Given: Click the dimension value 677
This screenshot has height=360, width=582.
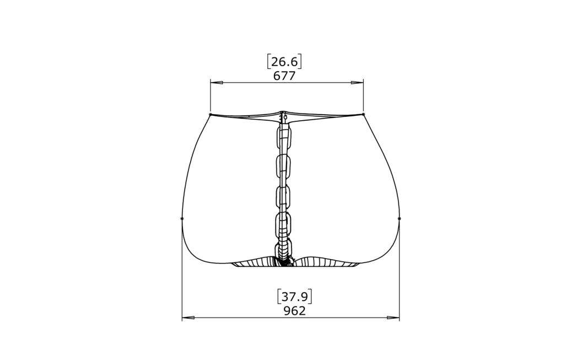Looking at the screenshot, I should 284,76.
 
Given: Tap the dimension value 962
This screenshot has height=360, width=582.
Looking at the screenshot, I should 294,311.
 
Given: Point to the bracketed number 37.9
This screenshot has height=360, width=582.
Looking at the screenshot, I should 294,297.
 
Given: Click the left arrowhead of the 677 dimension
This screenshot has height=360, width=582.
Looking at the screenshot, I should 217,83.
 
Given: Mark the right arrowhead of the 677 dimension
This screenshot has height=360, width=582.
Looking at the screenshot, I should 357,83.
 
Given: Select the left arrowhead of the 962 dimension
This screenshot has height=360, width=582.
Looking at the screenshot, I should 188,318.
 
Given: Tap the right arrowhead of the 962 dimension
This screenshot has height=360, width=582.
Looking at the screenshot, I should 393,318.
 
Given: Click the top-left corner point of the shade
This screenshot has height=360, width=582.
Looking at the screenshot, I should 211,115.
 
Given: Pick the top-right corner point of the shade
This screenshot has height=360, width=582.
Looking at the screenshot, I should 364,114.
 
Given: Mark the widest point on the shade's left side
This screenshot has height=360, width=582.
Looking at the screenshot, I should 182,218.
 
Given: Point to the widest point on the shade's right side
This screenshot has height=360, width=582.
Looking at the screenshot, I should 399,218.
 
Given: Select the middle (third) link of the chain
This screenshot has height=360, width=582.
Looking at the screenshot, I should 283,196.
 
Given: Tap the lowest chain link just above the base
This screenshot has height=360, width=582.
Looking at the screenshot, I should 283,250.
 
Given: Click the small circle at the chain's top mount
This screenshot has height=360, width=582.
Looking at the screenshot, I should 285,117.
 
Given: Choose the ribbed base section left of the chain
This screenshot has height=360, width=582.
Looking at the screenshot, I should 254,262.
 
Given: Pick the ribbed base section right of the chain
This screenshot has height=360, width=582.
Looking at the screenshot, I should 325,262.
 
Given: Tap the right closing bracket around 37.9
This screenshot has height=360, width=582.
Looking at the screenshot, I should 311,297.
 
